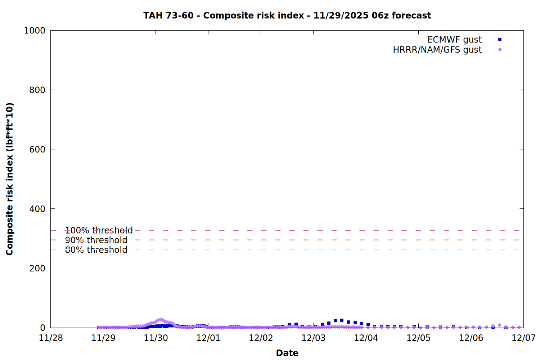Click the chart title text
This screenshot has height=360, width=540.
(x=287, y=15)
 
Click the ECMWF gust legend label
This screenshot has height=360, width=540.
(x=454, y=40)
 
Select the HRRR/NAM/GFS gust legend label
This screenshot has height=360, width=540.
(x=437, y=50)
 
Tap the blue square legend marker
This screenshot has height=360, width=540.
(x=500, y=40)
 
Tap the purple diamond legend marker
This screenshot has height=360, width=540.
(x=500, y=50)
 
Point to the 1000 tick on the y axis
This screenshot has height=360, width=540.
(x=35, y=31)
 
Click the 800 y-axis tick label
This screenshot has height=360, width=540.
(x=37, y=90)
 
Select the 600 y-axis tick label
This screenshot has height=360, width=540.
(x=37, y=149)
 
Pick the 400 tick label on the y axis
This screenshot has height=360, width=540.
(x=37, y=209)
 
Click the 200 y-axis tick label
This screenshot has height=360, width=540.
(x=37, y=268)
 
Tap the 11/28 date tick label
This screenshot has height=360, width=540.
(x=51, y=338)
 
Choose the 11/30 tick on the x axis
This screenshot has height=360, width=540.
(x=156, y=338)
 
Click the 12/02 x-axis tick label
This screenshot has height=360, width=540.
(x=261, y=338)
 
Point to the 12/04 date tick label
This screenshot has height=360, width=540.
(x=366, y=338)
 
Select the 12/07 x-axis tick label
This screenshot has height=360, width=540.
(x=523, y=338)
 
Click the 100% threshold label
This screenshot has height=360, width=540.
(x=99, y=230)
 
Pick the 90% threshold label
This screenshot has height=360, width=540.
(x=96, y=240)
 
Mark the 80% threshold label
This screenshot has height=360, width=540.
(x=96, y=250)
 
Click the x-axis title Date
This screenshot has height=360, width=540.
(x=287, y=353)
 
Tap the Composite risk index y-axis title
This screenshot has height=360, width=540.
(x=10, y=179)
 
